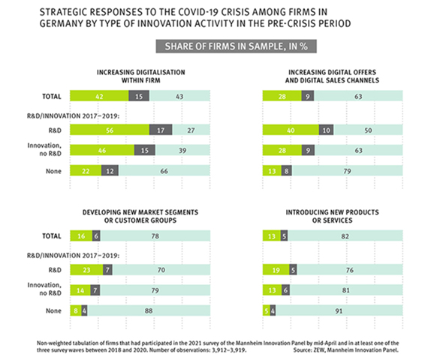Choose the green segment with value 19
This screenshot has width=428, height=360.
pos(274,268)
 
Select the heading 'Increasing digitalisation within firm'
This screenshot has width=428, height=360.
pos(140,76)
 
